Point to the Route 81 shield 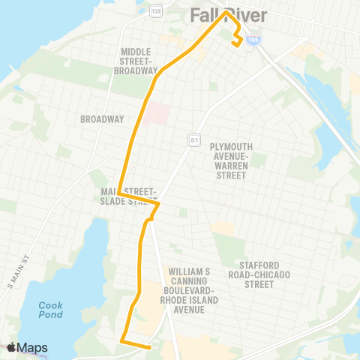pos(193,139)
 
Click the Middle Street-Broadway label pos(137,61)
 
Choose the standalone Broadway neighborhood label pos(101,119)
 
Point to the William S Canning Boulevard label pos(194,289)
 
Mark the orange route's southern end pos(151,347)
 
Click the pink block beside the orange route pos(158,112)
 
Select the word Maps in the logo pos(34,347)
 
